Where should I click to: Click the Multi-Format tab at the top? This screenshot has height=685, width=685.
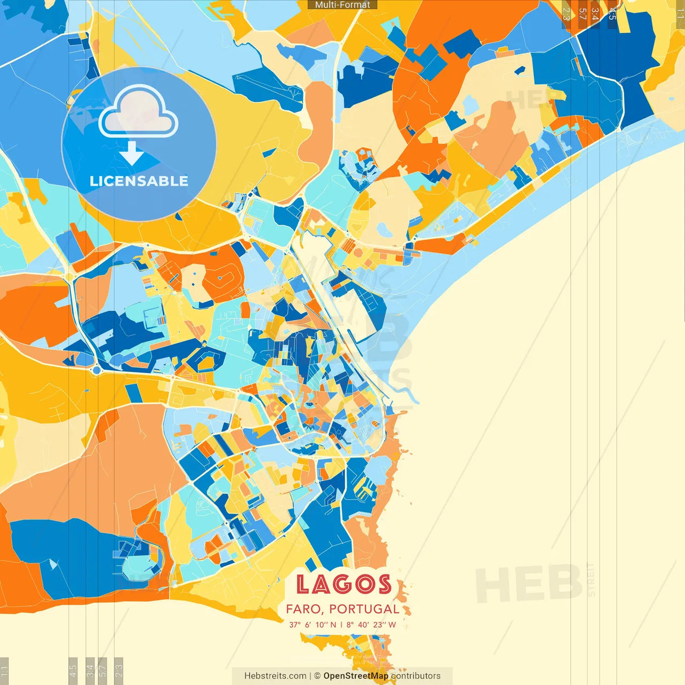click(342, 5)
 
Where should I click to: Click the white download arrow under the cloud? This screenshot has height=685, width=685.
click(132, 154)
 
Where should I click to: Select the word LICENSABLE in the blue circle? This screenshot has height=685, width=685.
click(139, 181)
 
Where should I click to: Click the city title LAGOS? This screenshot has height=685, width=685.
click(343, 584)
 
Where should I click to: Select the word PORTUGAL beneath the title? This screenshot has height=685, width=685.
click(364, 609)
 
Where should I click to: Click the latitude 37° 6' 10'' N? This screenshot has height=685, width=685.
click(313, 625)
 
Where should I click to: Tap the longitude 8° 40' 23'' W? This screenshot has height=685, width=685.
click(371, 625)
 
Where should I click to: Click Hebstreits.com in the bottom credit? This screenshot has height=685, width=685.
click(275, 676)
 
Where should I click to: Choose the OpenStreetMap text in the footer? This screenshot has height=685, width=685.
click(355, 676)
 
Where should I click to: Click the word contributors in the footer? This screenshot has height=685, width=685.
click(416, 676)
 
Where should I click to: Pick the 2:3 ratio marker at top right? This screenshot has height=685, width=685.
click(566, 13)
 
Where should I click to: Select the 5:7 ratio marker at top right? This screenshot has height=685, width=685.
click(582, 13)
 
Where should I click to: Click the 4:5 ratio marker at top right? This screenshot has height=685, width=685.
click(612, 13)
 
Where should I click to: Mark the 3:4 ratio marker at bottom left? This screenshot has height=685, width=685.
click(90, 670)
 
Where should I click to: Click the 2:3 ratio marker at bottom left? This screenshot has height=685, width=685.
click(118, 670)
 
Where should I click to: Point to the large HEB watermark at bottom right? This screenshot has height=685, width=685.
click(529, 584)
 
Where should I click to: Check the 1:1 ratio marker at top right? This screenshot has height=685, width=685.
click(680, 13)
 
